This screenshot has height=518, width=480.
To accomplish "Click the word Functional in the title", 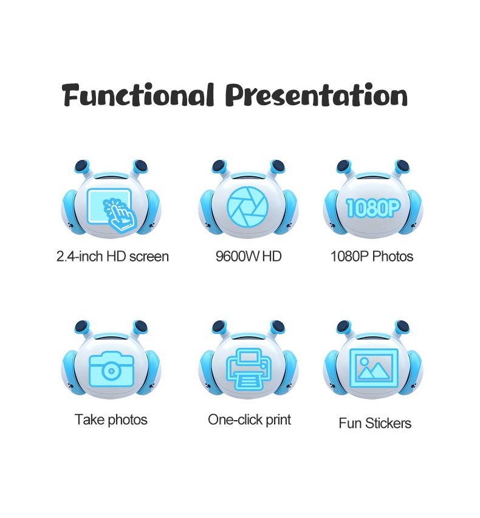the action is click(138, 95).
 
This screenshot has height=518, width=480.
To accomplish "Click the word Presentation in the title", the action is click(317, 95).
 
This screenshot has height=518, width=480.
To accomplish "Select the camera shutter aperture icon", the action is click(247, 207).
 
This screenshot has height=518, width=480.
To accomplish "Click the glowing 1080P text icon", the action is click(373, 208).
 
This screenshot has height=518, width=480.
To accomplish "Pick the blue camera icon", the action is click(112, 369).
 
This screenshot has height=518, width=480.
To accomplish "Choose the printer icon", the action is click(249, 368).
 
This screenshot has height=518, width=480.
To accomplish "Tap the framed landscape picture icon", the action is click(374, 368).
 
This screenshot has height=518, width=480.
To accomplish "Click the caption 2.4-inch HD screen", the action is click(112, 257).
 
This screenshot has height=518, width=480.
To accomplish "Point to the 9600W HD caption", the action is click(249, 257).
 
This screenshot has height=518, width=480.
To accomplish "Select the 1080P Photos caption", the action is click(372, 257).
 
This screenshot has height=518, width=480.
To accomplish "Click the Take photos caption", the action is click(111, 420).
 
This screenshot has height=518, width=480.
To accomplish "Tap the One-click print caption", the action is click(249, 420).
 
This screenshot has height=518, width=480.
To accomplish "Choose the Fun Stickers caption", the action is click(375, 423).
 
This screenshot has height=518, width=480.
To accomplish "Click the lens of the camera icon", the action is click(112, 371).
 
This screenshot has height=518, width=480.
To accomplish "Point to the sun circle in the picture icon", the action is click(364, 362).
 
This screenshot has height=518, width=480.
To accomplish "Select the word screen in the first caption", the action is click(149, 257).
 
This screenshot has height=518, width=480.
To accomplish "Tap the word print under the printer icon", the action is click(278, 420).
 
